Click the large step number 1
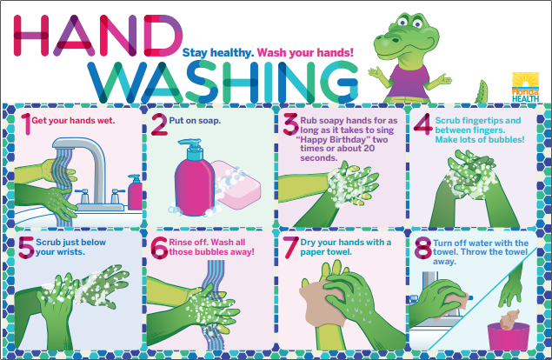(x=26, y=124)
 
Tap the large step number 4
(x=422, y=124)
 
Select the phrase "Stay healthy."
(x=216, y=52)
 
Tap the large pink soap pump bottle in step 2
(x=192, y=183)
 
